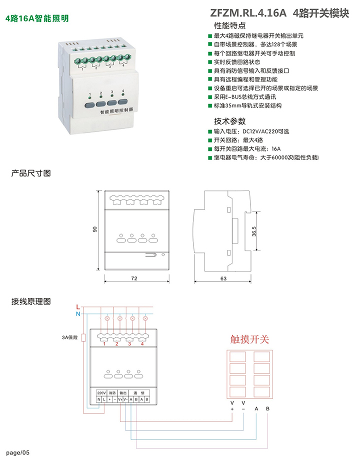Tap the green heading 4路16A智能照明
(36, 18)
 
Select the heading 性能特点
(230, 26)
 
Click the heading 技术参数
(230, 121)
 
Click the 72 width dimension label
(134, 278)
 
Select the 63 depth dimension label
(223, 278)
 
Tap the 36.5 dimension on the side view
(254, 233)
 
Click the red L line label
(77, 306)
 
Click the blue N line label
(77, 313)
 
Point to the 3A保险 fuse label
(70, 338)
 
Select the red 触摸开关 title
(249, 340)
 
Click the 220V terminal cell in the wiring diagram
(101, 392)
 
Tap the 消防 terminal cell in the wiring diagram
(112, 392)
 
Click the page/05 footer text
(18, 452)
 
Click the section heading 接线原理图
(31, 301)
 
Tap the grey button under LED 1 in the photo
(89, 105)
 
